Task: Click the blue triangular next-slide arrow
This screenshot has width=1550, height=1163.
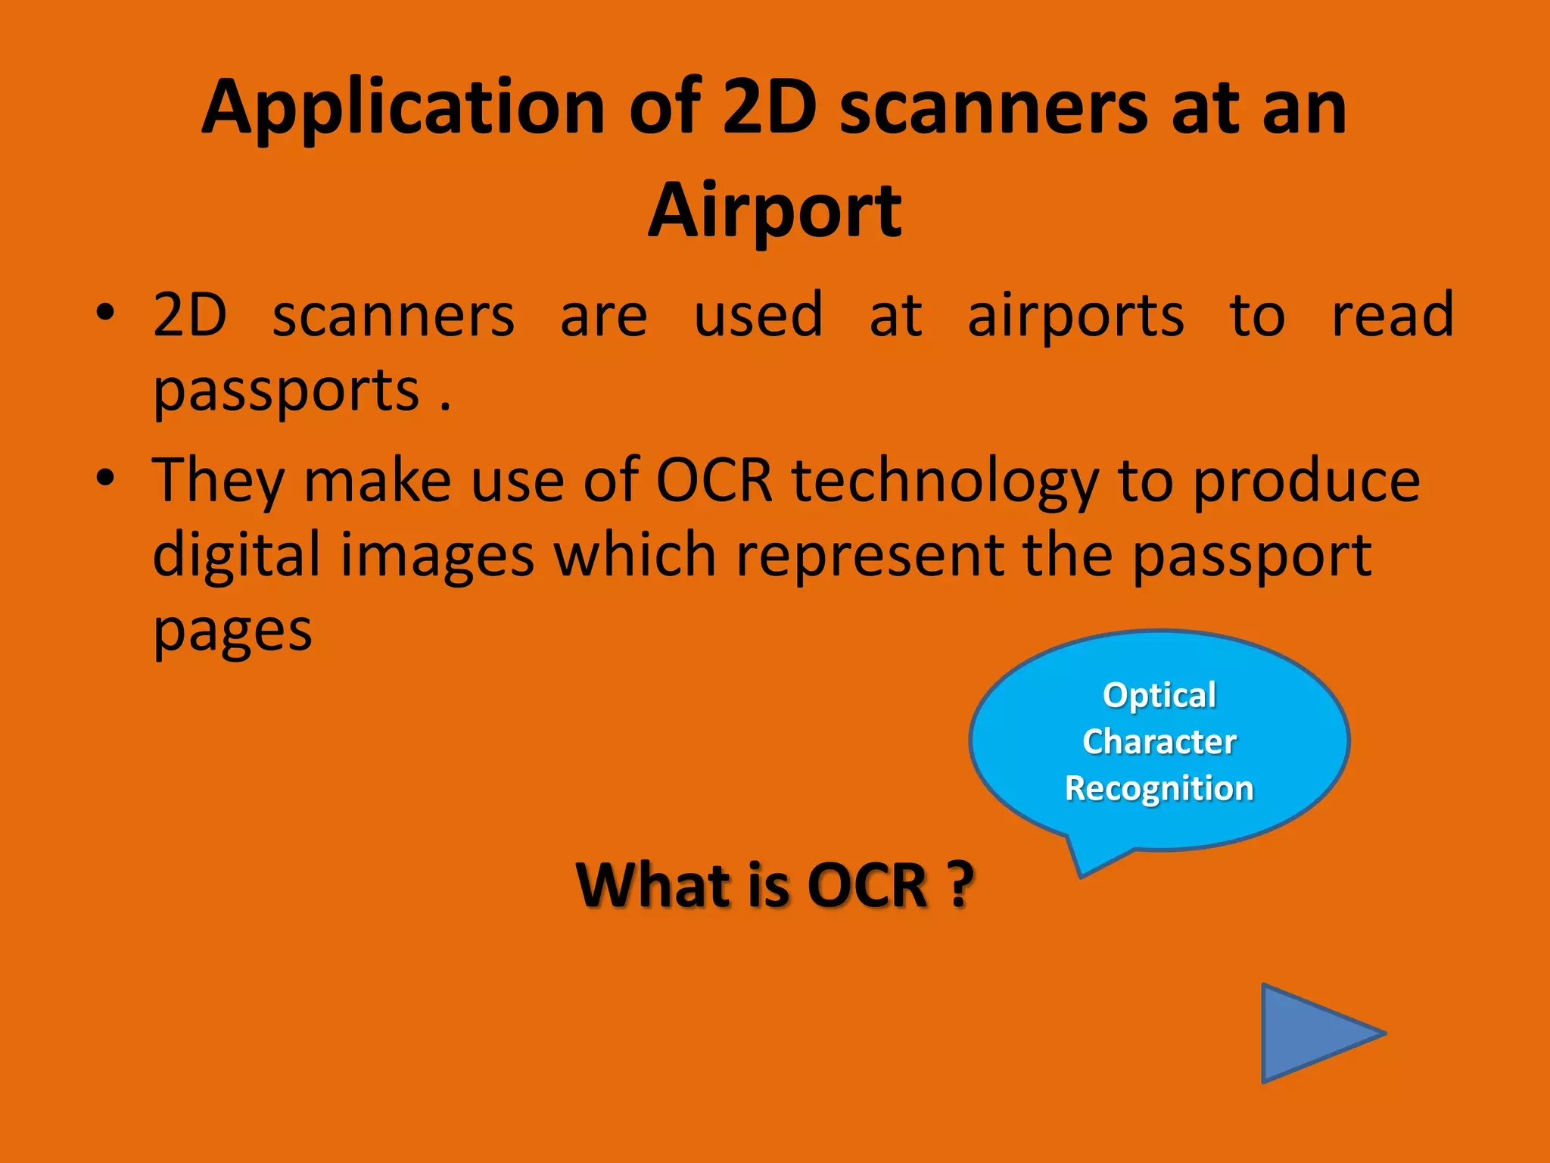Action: tap(1313, 1034)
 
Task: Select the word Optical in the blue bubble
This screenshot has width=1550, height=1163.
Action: tap(1159, 695)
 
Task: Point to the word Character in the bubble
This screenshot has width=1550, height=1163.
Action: tap(1159, 741)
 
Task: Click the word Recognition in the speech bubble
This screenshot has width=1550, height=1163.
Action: tap(1159, 788)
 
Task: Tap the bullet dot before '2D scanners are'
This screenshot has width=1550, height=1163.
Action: tap(105, 313)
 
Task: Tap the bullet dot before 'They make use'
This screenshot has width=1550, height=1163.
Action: tap(105, 478)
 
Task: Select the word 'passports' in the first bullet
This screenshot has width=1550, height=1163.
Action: tap(286, 391)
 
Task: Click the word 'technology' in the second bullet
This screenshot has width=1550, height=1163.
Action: tap(945, 481)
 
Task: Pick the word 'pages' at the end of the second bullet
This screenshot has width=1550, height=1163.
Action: tap(232, 631)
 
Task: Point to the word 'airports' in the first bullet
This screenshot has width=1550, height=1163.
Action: tap(1075, 315)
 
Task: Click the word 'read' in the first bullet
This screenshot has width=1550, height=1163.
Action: tap(1393, 315)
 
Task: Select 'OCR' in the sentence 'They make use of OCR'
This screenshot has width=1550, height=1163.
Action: tap(714, 481)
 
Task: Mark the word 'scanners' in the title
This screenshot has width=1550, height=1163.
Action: tap(993, 108)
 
